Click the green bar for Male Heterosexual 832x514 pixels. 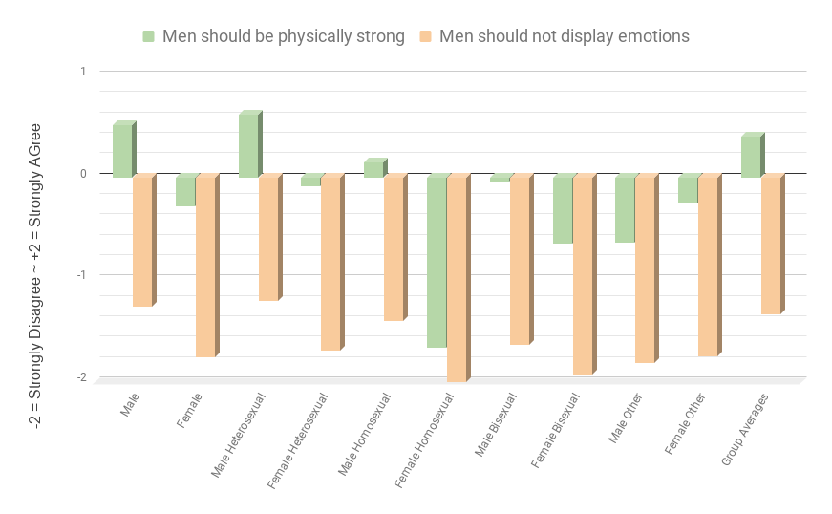tap(248, 145)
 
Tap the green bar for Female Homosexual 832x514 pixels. tap(437, 262)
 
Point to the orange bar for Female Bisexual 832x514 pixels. tap(582, 275)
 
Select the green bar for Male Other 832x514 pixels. tap(625, 209)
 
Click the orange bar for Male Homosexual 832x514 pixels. tap(394, 248)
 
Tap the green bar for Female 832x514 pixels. tap(185, 191)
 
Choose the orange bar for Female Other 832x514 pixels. tap(708, 267)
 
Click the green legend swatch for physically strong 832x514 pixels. tap(149, 36)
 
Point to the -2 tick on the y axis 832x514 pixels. tap(82, 377)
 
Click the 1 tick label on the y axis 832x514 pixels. tap(83, 71)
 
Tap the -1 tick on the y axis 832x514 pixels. tap(82, 275)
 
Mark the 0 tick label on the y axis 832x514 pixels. tap(83, 173)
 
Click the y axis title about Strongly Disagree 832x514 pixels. tap(37, 275)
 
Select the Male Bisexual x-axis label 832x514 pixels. tap(496, 425)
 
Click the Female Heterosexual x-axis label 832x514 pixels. tap(299, 439)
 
